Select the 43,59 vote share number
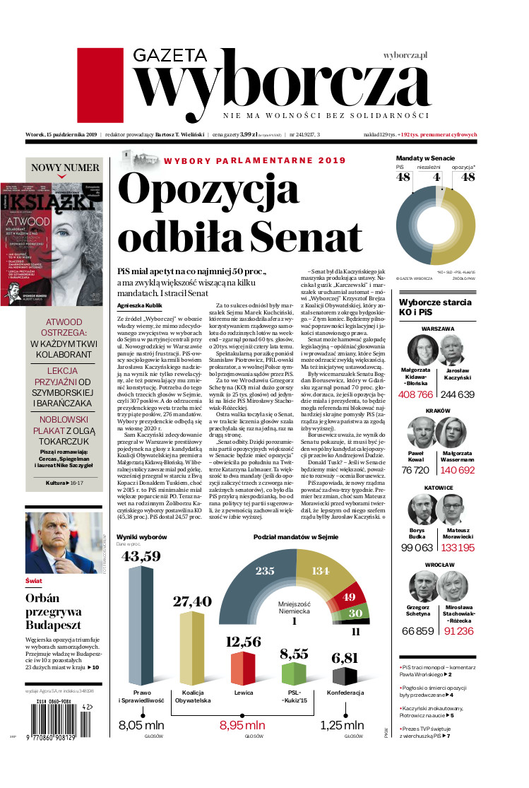pyautogui.click(x=142, y=556)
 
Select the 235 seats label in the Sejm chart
pyautogui.click(x=265, y=571)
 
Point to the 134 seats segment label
pyautogui.click(x=321, y=571)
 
